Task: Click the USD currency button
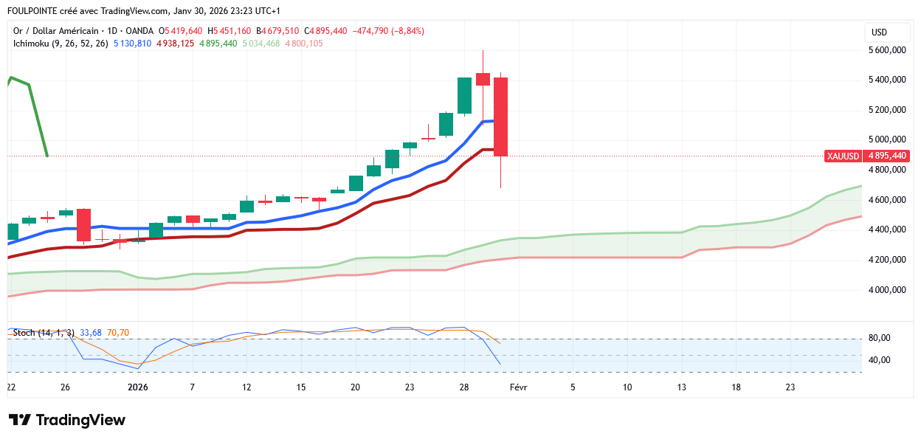point(879,32)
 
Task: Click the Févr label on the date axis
point(518,387)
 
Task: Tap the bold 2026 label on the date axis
point(138,387)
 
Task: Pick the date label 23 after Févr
point(790,387)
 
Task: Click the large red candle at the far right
point(501,117)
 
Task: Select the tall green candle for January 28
point(464,95)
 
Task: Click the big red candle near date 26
point(83,224)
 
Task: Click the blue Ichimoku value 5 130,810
point(132,44)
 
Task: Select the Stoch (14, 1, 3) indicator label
point(43,333)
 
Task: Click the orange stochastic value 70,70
point(118,333)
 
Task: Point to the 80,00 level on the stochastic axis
point(879,339)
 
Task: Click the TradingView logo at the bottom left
point(67,420)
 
